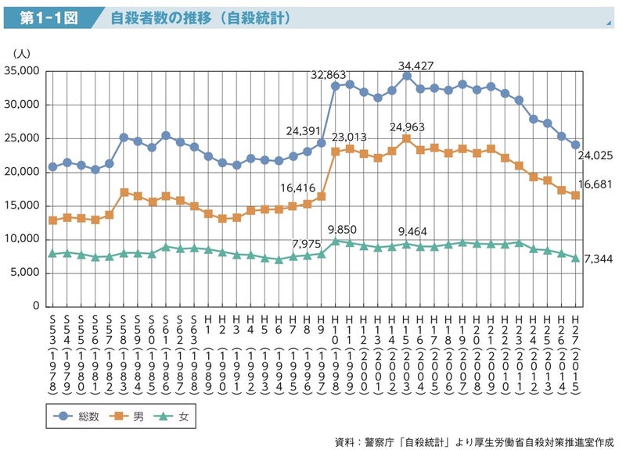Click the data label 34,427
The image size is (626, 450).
[x=416, y=66]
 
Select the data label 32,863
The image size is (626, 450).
[x=329, y=76]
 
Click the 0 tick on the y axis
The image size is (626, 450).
[x=36, y=305]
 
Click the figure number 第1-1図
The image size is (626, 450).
[x=49, y=18]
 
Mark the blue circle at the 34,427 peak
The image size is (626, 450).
[x=407, y=75]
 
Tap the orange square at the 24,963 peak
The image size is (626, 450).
[x=407, y=138]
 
